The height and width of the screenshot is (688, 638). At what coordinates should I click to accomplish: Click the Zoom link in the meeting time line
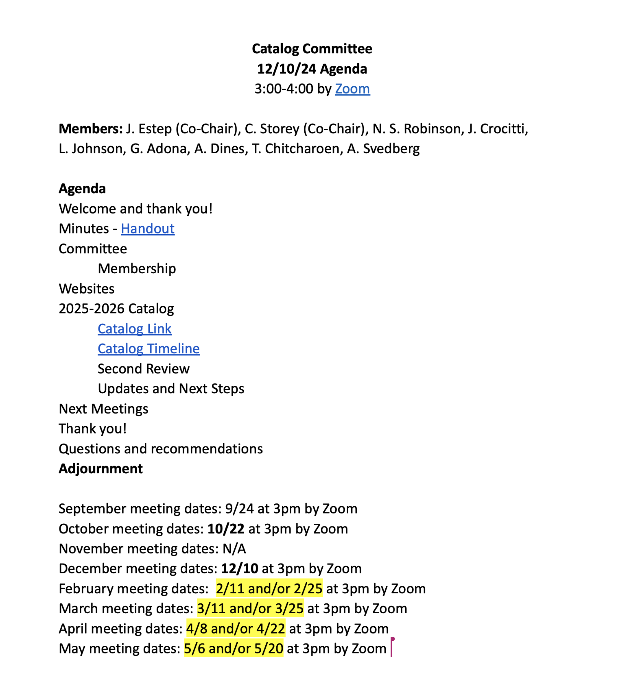click(352, 89)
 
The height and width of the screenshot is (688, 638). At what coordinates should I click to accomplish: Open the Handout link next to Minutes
click(148, 229)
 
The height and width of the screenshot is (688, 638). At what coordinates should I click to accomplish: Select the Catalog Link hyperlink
click(135, 329)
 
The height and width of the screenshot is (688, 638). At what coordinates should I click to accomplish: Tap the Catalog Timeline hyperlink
click(149, 348)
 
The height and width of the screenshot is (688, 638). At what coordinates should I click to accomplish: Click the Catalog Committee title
click(312, 49)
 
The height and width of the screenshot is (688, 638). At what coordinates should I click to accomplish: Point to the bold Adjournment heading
click(101, 468)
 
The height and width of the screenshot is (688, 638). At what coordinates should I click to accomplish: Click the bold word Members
click(90, 128)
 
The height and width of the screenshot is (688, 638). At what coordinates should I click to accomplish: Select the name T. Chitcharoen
click(295, 148)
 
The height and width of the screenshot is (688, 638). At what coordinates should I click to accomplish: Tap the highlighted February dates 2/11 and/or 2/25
click(269, 588)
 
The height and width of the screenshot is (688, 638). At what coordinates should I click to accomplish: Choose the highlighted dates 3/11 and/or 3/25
click(250, 608)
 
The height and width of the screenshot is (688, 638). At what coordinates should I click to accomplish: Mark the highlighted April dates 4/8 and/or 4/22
click(236, 628)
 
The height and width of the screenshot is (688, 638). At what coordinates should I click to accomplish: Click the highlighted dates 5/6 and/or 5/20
click(234, 648)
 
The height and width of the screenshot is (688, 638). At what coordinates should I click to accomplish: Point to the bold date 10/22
click(226, 529)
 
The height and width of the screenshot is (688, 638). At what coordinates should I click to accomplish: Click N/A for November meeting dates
click(234, 549)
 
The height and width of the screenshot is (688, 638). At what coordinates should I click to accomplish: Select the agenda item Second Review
click(143, 368)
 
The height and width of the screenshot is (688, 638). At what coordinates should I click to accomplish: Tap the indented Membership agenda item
click(137, 268)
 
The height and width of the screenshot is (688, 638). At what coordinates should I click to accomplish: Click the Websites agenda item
click(87, 289)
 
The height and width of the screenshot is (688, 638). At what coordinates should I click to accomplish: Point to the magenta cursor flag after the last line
click(392, 647)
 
